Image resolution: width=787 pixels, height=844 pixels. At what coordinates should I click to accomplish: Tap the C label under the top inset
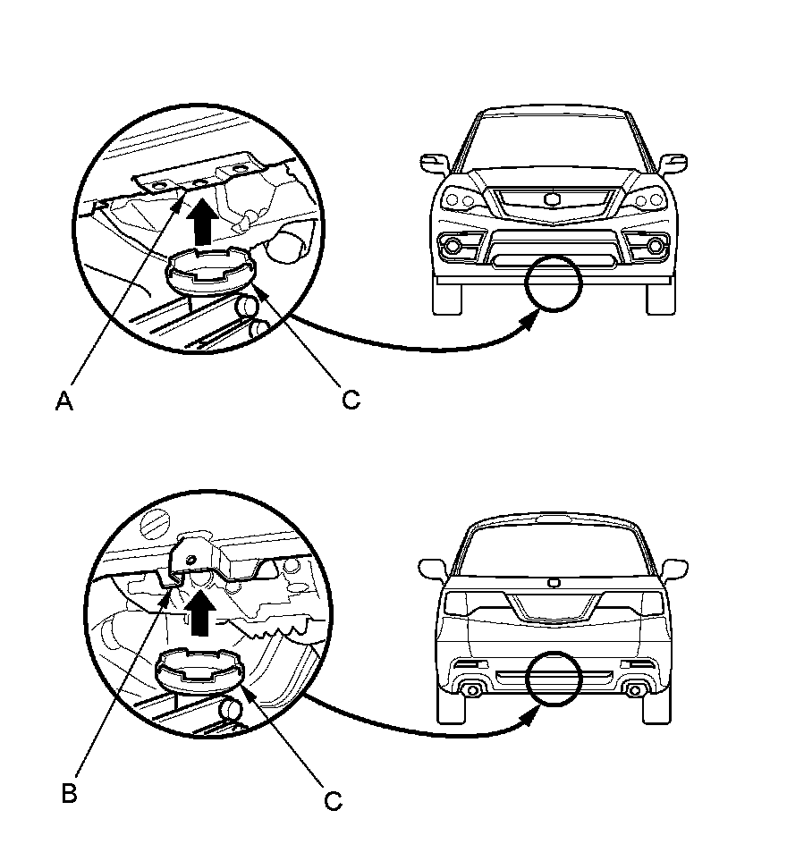[x=351, y=400]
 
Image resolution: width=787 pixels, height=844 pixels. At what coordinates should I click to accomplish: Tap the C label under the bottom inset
[x=333, y=801]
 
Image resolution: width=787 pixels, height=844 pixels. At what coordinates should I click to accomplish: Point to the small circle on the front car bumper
[x=554, y=284]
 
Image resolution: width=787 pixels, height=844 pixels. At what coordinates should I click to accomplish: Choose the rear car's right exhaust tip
[x=635, y=689]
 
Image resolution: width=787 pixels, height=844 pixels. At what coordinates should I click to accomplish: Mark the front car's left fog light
[x=453, y=245]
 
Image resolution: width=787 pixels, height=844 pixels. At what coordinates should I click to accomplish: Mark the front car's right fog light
[x=656, y=245]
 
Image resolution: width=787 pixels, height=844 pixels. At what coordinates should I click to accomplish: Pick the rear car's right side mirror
[x=674, y=568]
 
